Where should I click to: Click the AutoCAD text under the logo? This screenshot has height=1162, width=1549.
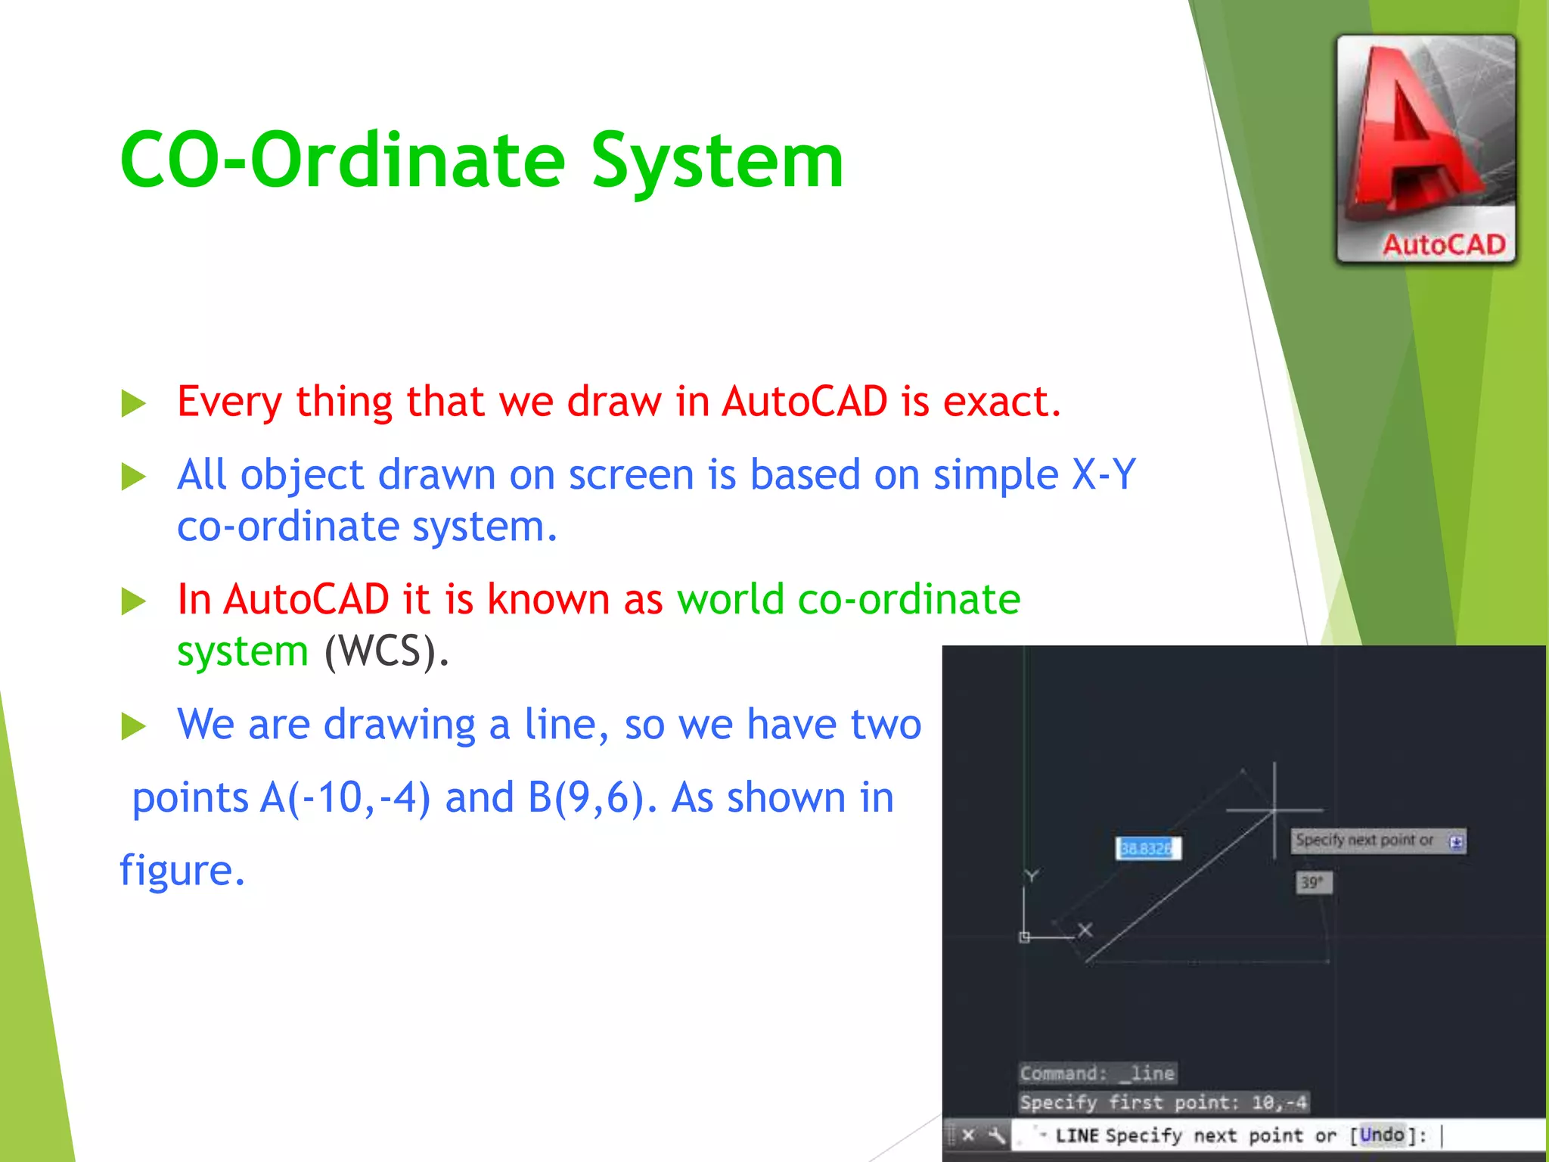[1443, 245]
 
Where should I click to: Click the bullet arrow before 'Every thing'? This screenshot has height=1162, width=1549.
[134, 403]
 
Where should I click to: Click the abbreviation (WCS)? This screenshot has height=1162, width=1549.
[386, 651]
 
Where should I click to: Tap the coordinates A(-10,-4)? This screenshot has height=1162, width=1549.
[345, 797]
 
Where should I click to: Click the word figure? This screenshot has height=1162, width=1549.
[182, 870]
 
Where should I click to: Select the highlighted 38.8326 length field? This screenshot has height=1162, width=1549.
[1147, 848]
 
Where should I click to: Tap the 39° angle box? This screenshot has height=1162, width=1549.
[1312, 882]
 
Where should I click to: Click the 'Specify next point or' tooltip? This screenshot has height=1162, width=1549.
[1365, 840]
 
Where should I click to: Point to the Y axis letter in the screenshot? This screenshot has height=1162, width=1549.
[1031, 876]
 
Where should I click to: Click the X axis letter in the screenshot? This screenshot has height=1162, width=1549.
[1085, 930]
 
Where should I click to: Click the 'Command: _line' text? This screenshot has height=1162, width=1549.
[1097, 1073]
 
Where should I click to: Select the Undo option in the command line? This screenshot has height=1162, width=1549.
[1381, 1134]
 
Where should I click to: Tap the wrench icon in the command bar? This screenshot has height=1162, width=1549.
[997, 1135]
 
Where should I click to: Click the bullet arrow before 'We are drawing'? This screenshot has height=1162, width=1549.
[134, 726]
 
